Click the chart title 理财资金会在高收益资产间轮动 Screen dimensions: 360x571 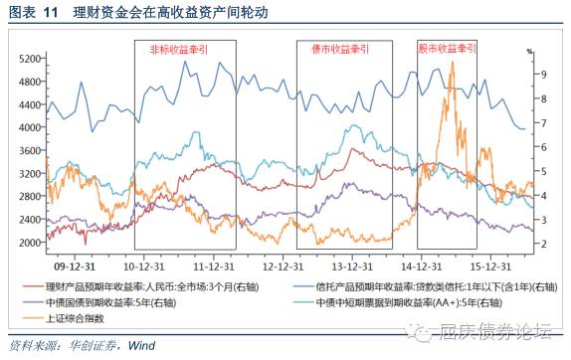click(163, 13)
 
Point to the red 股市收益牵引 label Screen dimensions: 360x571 click(441, 49)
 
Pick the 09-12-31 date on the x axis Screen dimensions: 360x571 click(74, 267)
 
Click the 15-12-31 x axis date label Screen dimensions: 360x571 click(490, 267)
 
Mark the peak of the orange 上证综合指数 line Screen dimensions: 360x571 click(453, 63)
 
